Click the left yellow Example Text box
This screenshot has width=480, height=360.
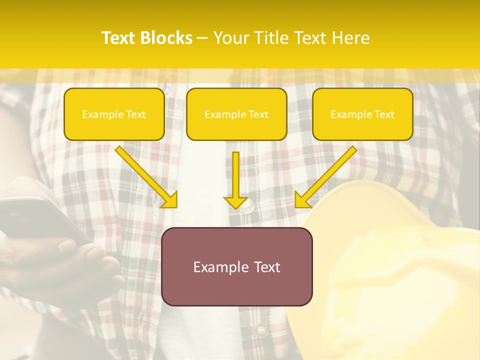click(x=114, y=114)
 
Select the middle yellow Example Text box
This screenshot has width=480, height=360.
click(x=236, y=114)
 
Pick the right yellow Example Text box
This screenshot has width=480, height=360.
click(x=362, y=114)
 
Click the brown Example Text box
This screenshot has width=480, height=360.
click(x=236, y=266)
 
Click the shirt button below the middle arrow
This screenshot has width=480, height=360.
click(x=247, y=205)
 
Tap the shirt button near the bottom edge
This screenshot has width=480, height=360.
click(x=259, y=330)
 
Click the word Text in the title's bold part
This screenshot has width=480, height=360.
click(x=118, y=38)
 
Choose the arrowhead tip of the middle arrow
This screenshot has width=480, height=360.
click(x=236, y=207)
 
